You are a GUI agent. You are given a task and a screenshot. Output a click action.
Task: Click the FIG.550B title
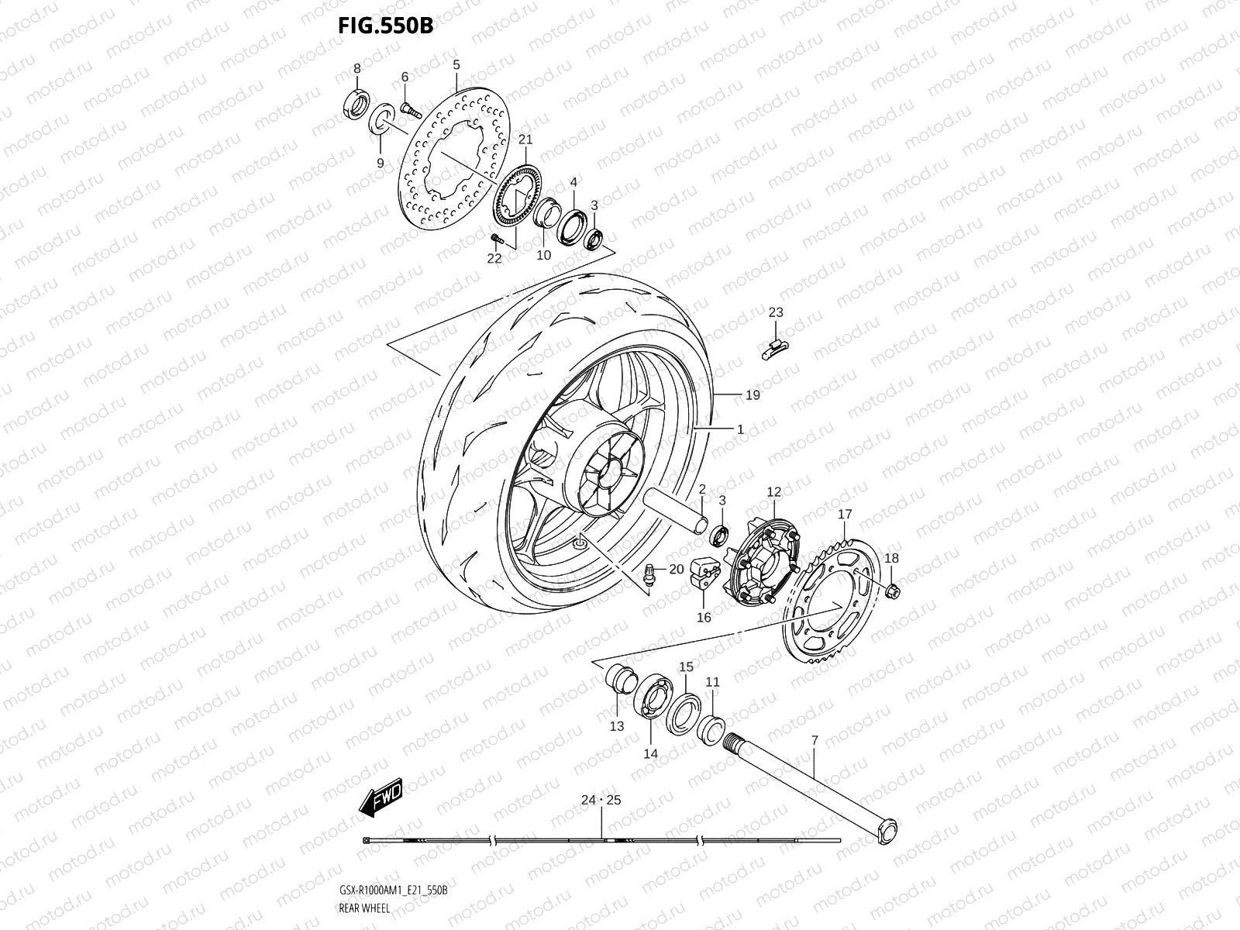(385, 26)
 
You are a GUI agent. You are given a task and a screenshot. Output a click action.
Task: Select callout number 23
(776, 312)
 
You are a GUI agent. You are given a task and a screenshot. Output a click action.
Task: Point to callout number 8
(357, 68)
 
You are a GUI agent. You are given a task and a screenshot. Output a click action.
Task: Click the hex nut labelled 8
(356, 107)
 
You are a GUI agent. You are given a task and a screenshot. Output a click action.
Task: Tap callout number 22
(494, 259)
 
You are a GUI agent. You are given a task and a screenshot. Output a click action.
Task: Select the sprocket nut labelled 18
(891, 593)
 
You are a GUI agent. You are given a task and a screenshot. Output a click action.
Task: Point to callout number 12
(774, 491)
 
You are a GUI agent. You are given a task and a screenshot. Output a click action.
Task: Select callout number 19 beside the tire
(753, 395)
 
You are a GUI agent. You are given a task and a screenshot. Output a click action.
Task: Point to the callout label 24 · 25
(601, 801)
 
